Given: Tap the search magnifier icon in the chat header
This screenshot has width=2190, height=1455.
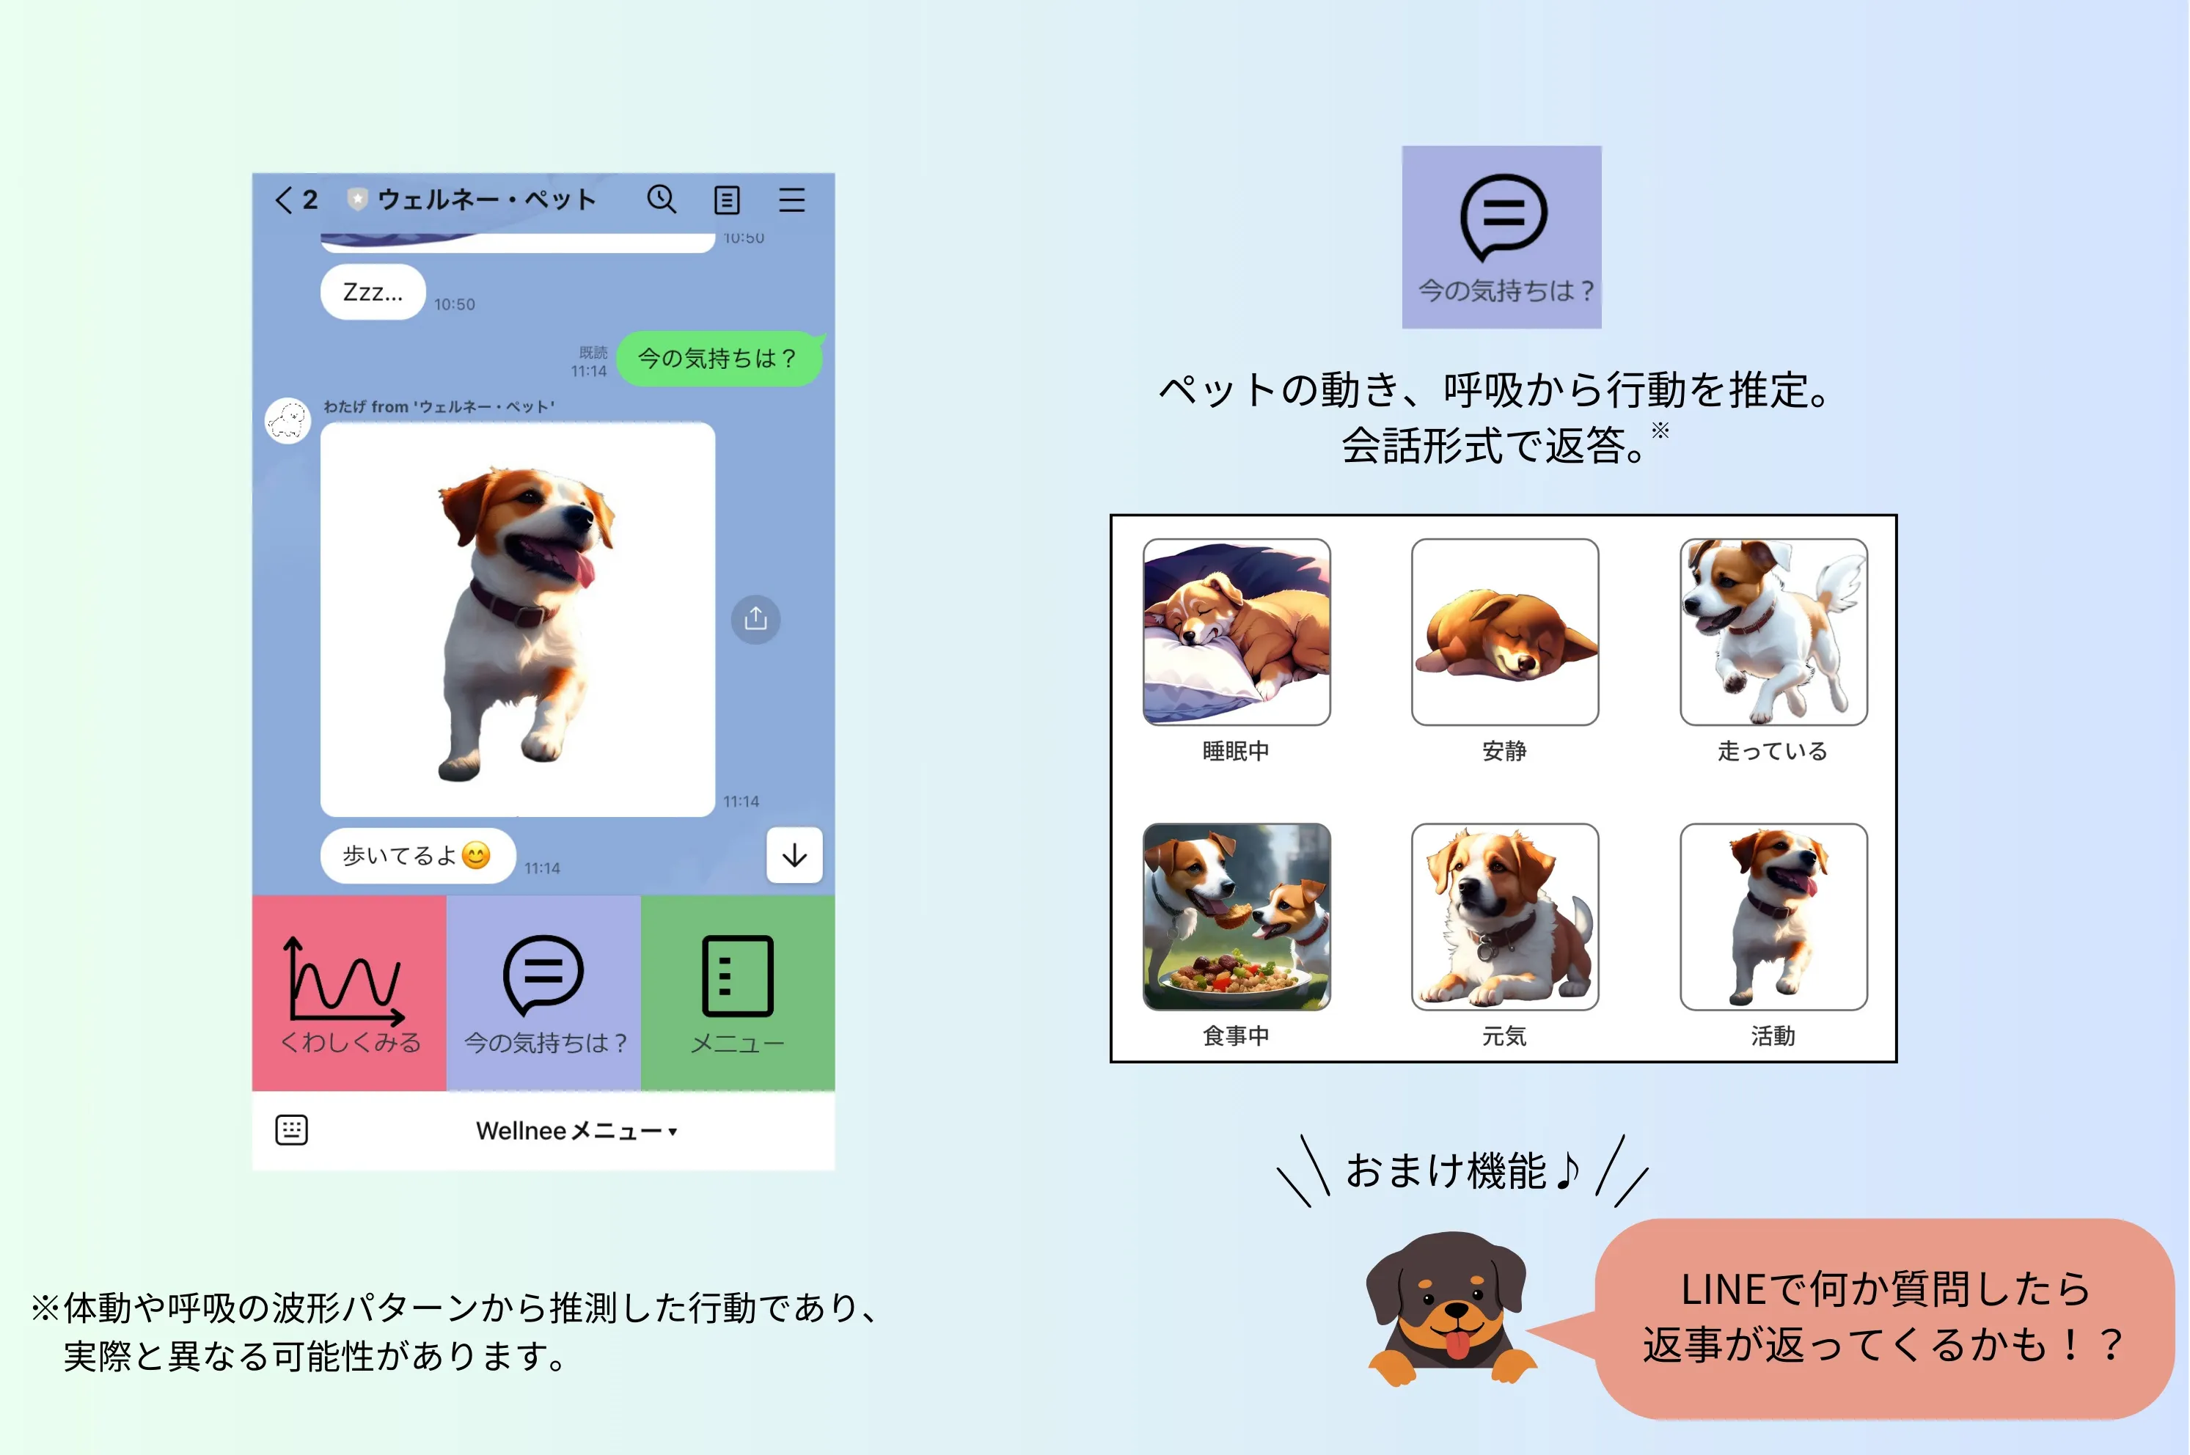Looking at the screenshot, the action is pyautogui.click(x=662, y=199).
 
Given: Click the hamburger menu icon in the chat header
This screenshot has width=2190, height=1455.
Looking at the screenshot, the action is pyautogui.click(x=791, y=199).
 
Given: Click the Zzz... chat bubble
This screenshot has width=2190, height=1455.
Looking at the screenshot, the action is pyautogui.click(x=373, y=293).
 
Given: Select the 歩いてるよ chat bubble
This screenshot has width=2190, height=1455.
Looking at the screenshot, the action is pyautogui.click(x=417, y=856).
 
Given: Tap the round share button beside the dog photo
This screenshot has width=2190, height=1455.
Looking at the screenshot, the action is pyautogui.click(x=755, y=619).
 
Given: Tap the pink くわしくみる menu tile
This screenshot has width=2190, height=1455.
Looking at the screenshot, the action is pyautogui.click(x=349, y=993).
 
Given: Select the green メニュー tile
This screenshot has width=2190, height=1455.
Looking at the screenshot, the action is pyautogui.click(x=738, y=993).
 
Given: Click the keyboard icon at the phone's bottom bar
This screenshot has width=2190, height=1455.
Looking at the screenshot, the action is pyautogui.click(x=291, y=1130).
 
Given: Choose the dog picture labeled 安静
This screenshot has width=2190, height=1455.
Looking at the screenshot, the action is pyautogui.click(x=1504, y=632).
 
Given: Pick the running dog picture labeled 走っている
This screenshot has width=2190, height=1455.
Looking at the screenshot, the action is pyautogui.click(x=1773, y=632).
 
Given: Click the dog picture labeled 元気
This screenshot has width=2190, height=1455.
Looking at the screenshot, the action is pyautogui.click(x=1504, y=917).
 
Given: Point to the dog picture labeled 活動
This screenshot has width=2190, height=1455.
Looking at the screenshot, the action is pyautogui.click(x=1773, y=917).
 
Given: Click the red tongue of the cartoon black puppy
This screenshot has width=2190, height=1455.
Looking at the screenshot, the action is pyautogui.click(x=1458, y=1344).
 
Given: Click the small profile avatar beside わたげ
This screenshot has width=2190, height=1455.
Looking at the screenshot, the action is pyautogui.click(x=288, y=421).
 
